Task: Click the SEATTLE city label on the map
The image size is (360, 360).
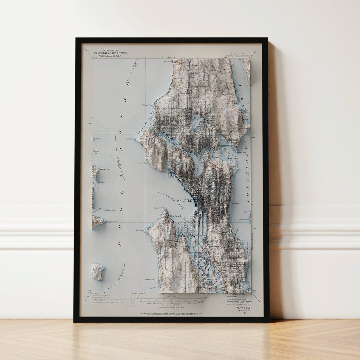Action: tap(184, 201)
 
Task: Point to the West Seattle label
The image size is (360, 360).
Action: tap(177, 216)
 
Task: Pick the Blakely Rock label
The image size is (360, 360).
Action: tap(110, 210)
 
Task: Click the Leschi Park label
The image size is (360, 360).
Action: tap(235, 203)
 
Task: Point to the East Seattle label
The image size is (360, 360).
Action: tap(244, 220)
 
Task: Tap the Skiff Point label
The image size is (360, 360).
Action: tap(97, 138)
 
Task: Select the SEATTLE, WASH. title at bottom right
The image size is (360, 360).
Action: tap(244, 308)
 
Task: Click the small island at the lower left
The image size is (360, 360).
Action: tap(98, 271)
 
